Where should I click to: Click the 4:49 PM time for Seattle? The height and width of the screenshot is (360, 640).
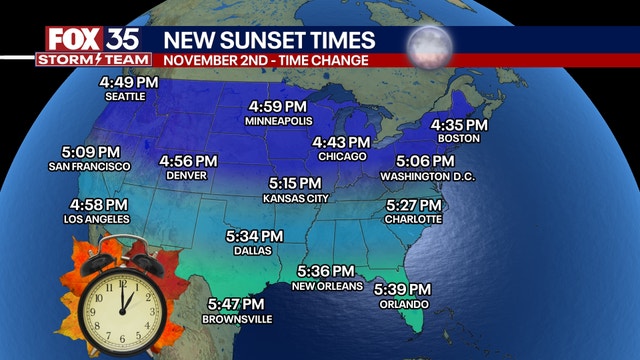click(x=126, y=82)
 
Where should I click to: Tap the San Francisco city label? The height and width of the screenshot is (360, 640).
click(x=89, y=166)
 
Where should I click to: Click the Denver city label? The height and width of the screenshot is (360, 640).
click(x=187, y=175)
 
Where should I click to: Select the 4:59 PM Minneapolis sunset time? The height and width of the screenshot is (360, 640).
click(x=278, y=106)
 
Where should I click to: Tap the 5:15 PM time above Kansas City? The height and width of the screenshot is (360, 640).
click(x=295, y=184)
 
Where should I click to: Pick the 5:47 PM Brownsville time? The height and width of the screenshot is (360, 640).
click(x=236, y=304)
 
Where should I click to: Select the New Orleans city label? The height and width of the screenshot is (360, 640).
click(x=325, y=286)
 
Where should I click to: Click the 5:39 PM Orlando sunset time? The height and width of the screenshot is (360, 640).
click(x=402, y=289)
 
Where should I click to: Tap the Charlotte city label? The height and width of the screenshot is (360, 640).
click(x=413, y=219)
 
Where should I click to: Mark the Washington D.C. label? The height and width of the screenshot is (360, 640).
click(x=428, y=176)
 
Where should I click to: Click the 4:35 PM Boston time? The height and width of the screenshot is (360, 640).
click(x=459, y=125)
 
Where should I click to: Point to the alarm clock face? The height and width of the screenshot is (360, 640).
click(x=120, y=299)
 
